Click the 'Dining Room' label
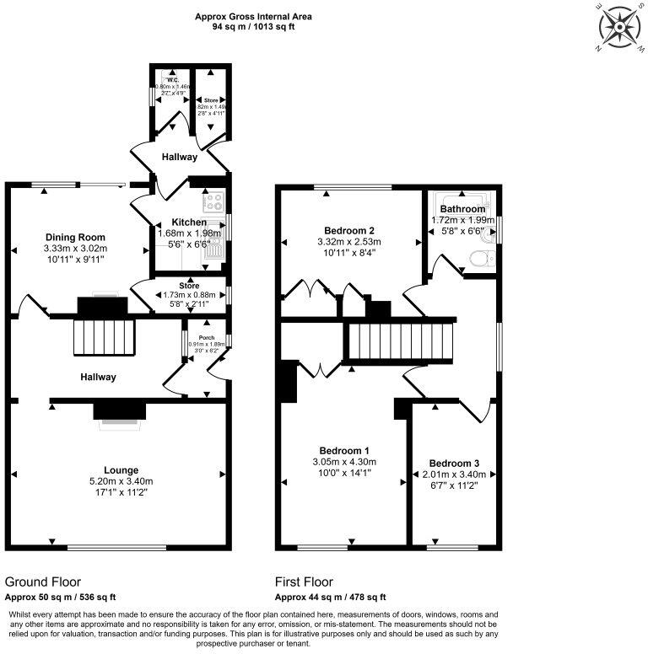[75, 237]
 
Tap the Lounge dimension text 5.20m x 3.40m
[121, 481]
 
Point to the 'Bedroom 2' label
[349, 230]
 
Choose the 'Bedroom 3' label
[454, 464]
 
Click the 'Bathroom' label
[462, 209]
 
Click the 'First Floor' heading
[304, 582]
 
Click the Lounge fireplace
[119, 412]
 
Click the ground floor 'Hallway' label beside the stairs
[98, 377]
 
